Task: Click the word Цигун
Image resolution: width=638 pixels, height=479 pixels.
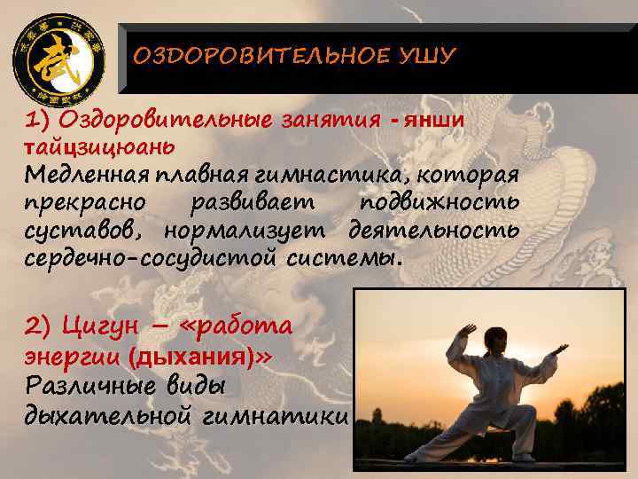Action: [101, 326]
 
